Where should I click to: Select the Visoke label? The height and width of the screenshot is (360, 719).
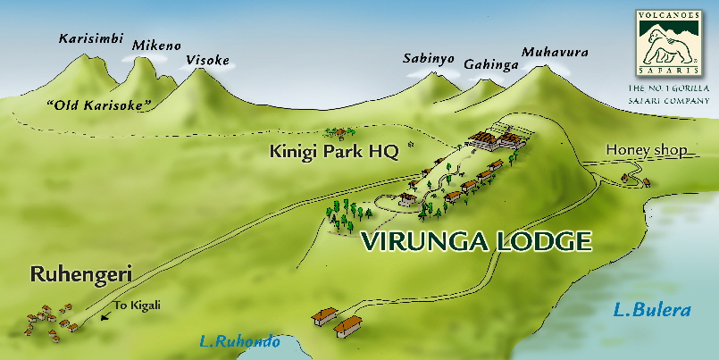(x=207, y=61)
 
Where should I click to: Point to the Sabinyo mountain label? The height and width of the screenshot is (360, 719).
(x=428, y=59)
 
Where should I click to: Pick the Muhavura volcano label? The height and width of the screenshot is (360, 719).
(x=555, y=53)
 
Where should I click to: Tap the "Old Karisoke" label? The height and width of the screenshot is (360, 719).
(x=98, y=105)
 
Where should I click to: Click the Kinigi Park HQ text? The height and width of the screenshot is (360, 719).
(x=333, y=152)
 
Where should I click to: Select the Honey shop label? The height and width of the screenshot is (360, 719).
(x=647, y=151)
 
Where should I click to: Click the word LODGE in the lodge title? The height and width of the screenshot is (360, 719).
(x=546, y=241)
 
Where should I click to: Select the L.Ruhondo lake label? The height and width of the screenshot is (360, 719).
(x=238, y=341)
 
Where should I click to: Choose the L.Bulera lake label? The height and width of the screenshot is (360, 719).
(x=652, y=311)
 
